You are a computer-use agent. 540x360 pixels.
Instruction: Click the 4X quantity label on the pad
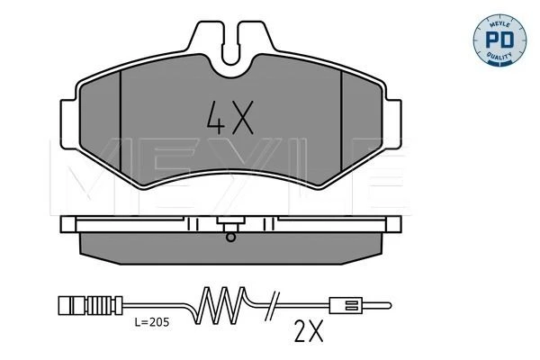(230, 118)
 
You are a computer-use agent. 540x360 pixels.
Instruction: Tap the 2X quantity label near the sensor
(309, 330)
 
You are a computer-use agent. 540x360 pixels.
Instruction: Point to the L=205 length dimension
(152, 322)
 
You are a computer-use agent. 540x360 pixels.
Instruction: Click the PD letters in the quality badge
(499, 40)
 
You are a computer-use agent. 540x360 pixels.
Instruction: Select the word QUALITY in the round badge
(499, 57)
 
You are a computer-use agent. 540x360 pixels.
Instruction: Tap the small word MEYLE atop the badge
(499, 23)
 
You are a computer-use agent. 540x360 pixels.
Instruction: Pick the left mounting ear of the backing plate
(68, 124)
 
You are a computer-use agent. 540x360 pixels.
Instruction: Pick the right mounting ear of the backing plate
(393, 124)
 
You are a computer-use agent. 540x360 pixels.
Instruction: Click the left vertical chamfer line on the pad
(121, 121)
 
